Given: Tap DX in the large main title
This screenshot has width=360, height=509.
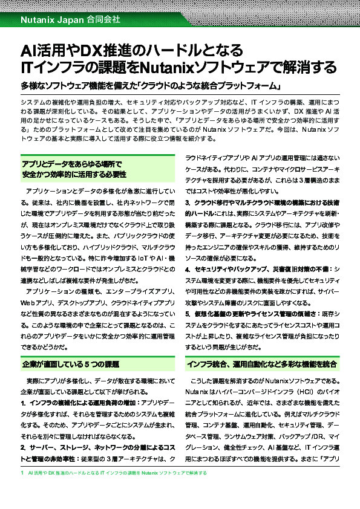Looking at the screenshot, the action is (90, 50).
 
